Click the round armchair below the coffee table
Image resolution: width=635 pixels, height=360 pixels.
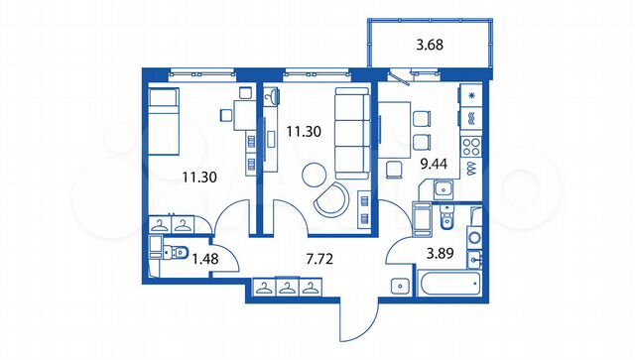[330, 200]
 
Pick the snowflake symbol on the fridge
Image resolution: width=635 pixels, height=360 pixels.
[471, 95]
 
